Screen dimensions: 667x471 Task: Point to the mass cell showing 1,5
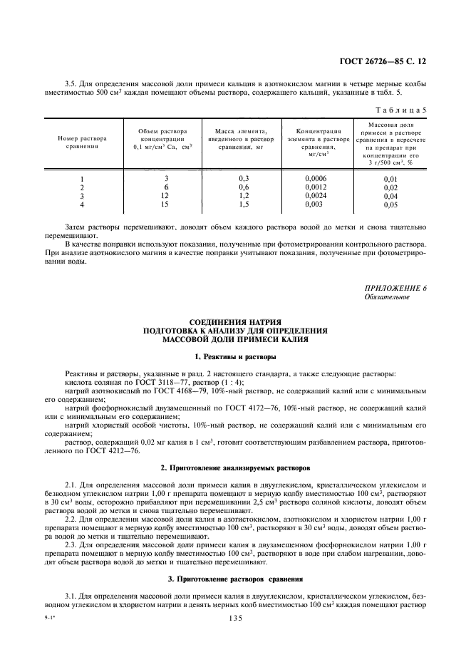(x=244, y=204)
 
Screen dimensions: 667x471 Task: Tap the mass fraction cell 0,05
(x=390, y=205)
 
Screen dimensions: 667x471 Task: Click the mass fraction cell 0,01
(x=390, y=179)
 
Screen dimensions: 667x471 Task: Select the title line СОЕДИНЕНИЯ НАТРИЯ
(x=235, y=321)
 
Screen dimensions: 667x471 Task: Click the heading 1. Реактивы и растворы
(x=235, y=356)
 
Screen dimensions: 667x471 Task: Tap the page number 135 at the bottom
(x=236, y=619)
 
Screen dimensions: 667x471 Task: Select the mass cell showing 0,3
(x=244, y=178)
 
